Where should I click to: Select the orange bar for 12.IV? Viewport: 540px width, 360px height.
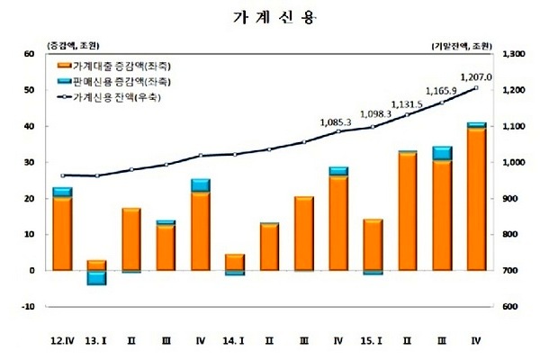point(62,233)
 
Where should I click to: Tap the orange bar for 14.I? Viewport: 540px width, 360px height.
point(233,262)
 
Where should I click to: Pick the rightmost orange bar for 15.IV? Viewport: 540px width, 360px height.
point(476,199)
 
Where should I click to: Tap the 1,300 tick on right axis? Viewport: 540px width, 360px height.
point(512,54)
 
